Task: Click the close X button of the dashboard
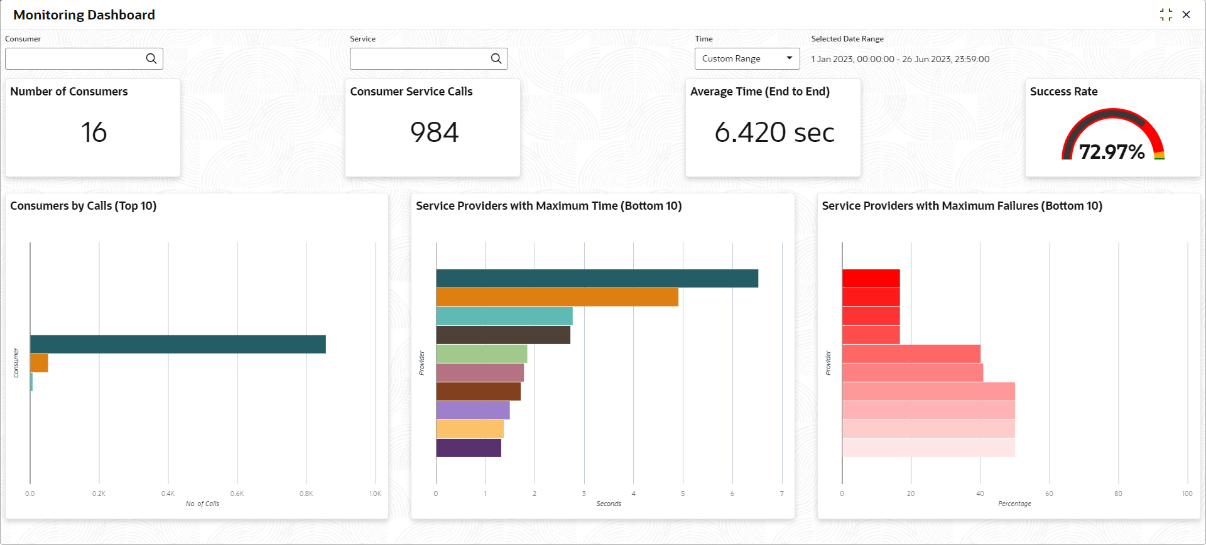click(x=1186, y=14)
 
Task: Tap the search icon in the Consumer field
click(x=151, y=58)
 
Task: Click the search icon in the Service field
click(x=496, y=58)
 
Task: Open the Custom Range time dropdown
click(x=747, y=58)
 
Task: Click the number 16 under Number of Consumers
click(x=94, y=132)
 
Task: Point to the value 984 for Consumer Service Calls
click(x=434, y=132)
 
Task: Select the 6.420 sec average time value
click(x=774, y=132)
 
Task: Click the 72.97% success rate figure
click(x=1112, y=152)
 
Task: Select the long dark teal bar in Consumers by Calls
click(x=178, y=344)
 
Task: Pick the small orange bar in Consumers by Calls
click(x=39, y=363)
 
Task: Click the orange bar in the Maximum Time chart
click(x=557, y=297)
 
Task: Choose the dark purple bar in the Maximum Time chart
click(x=469, y=448)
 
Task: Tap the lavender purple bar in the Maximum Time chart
click(x=473, y=410)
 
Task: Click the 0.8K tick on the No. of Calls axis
click(x=306, y=494)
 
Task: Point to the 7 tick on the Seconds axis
click(x=781, y=494)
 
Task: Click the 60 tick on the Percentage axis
click(x=1049, y=494)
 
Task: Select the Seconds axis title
click(x=608, y=504)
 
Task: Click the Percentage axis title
click(x=1014, y=504)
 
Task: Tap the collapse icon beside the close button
click(x=1166, y=14)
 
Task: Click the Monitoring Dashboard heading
click(x=84, y=15)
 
